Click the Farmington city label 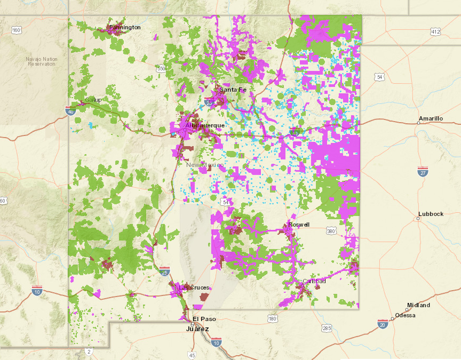point(125,27)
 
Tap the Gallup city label point(93,100)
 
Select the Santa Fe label point(233,90)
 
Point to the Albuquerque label point(205,125)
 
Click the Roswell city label point(299,225)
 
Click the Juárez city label point(198,329)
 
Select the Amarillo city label point(431,118)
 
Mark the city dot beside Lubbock point(418,218)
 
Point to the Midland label point(418,305)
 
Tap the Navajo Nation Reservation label point(42,61)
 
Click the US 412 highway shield point(436,32)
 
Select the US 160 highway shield point(17,30)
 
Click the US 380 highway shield point(331,231)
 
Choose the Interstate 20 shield point(383,324)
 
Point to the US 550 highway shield point(162,69)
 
